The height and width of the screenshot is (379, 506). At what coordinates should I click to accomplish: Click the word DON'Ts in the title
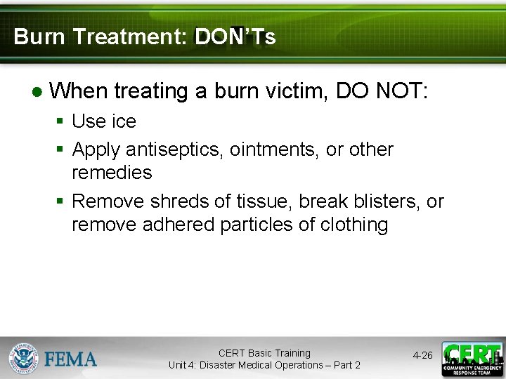pyautogui.click(x=235, y=37)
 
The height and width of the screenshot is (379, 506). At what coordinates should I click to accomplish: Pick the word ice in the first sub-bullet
pyautogui.click(x=124, y=121)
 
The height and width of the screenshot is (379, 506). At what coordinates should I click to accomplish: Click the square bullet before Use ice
pyautogui.click(x=61, y=122)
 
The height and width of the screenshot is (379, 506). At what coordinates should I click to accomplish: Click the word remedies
pyautogui.click(x=112, y=172)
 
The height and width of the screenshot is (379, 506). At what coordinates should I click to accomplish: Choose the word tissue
pyautogui.click(x=267, y=201)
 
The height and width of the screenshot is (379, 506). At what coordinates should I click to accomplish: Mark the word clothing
pyautogui.click(x=355, y=225)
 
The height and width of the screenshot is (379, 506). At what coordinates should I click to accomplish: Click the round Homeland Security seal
pyautogui.click(x=24, y=359)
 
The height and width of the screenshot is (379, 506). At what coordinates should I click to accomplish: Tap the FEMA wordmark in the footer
pyautogui.click(x=71, y=359)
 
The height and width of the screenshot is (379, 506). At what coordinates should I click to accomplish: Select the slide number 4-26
pyautogui.click(x=422, y=356)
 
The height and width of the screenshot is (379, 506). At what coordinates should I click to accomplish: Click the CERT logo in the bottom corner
pyautogui.click(x=472, y=358)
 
